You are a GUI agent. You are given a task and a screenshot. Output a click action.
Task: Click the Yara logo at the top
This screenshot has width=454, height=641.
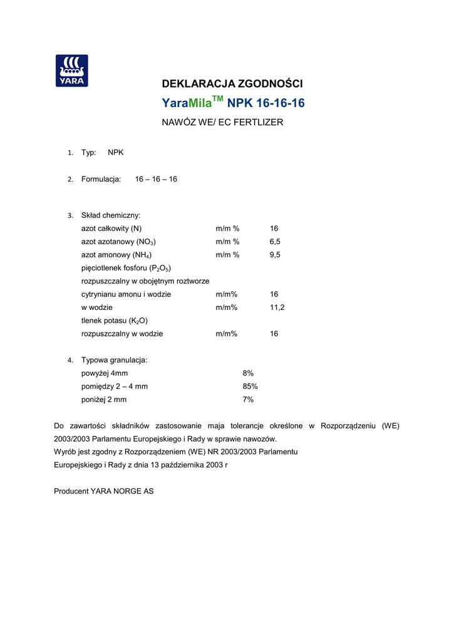[x=72, y=71]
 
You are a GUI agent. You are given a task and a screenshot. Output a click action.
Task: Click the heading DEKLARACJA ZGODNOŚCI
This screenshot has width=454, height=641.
[x=232, y=84]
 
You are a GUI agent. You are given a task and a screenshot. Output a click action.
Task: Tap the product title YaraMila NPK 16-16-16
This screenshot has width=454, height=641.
[x=233, y=103]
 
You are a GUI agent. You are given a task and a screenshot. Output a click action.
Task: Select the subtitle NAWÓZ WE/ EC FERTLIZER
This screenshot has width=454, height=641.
[x=222, y=122]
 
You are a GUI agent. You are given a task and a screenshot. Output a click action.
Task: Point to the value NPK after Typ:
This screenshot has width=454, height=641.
[x=116, y=153]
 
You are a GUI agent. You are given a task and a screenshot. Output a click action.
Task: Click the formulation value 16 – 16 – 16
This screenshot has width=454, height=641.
[x=156, y=179]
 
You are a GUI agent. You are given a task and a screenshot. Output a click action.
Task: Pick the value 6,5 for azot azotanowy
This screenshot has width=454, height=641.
[x=275, y=242]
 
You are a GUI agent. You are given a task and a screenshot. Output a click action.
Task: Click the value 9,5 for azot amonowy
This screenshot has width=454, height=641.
[x=275, y=255]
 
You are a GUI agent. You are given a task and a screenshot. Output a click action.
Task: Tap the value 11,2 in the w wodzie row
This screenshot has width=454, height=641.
[x=277, y=307]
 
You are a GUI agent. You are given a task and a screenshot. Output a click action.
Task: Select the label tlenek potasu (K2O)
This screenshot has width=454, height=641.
[x=115, y=320]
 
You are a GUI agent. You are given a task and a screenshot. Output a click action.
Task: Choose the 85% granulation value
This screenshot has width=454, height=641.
[x=250, y=386]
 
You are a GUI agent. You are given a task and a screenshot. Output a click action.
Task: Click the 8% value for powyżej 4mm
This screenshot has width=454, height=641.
[x=248, y=373]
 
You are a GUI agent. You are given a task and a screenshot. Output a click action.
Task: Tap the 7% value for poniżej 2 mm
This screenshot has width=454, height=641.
[x=248, y=399]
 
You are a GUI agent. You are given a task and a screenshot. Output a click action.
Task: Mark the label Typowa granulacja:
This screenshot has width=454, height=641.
[x=114, y=360]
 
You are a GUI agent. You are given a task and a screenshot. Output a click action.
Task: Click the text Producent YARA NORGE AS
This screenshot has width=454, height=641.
[x=104, y=491]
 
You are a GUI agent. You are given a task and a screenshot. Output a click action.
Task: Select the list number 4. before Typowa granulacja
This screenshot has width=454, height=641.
[x=71, y=361]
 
